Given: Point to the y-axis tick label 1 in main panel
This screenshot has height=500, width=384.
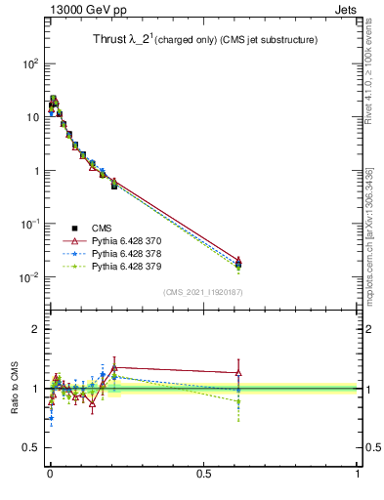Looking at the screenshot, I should coord(35,171).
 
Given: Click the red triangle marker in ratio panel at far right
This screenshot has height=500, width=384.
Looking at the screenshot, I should coord(238,372).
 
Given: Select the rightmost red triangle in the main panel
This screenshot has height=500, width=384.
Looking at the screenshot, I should coord(238,261).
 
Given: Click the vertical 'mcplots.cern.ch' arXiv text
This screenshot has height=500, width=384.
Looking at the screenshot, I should coord(369,234).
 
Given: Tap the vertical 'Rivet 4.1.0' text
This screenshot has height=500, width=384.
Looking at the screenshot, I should coord(369,68).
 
